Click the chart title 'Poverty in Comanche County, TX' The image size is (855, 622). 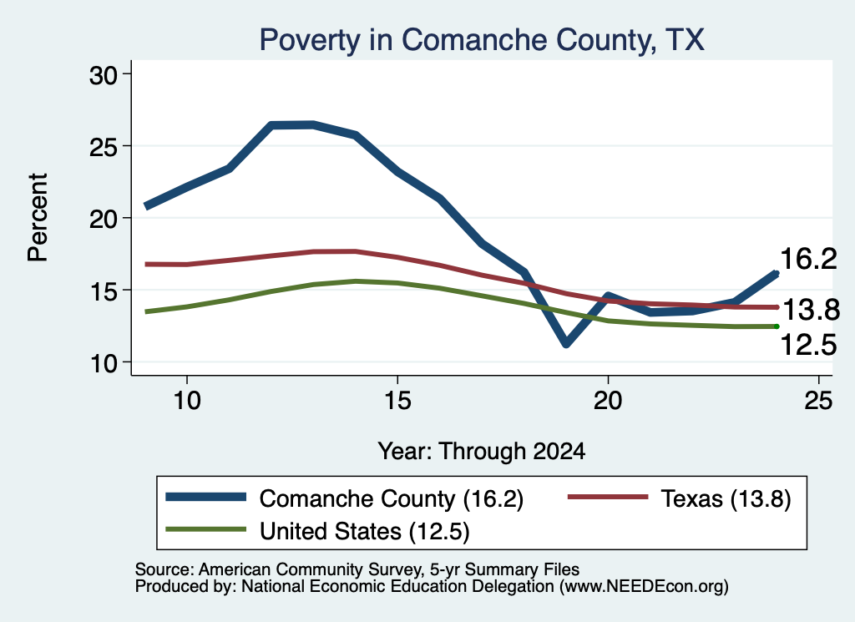[x=482, y=40]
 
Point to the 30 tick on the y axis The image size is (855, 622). [x=104, y=75]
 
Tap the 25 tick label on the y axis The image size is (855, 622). [x=104, y=147]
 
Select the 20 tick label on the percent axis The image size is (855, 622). [x=104, y=219]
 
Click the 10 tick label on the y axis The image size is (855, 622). [x=104, y=363]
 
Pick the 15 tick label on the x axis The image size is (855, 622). [x=397, y=401]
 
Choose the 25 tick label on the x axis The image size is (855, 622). [x=818, y=401]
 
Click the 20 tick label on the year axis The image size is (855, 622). [x=608, y=401]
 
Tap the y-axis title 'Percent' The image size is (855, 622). [x=38, y=218]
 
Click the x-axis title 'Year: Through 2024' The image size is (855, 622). [x=482, y=452]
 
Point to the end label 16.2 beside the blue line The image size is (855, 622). [x=808, y=258]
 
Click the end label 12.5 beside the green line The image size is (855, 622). [x=808, y=345]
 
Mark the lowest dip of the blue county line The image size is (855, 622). [x=566, y=343]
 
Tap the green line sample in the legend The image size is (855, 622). [x=205, y=529]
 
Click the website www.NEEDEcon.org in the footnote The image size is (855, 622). [x=644, y=586]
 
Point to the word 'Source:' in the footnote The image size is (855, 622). [x=164, y=569]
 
